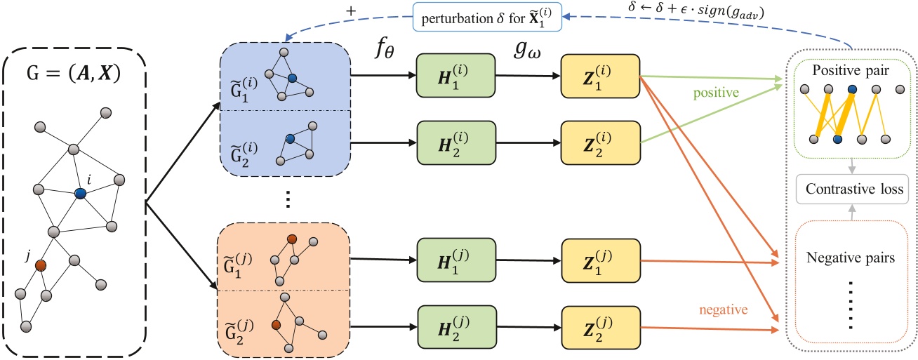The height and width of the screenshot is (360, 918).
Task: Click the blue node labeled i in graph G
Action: (80, 194)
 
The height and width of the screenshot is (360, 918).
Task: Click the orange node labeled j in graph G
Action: (41, 265)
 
